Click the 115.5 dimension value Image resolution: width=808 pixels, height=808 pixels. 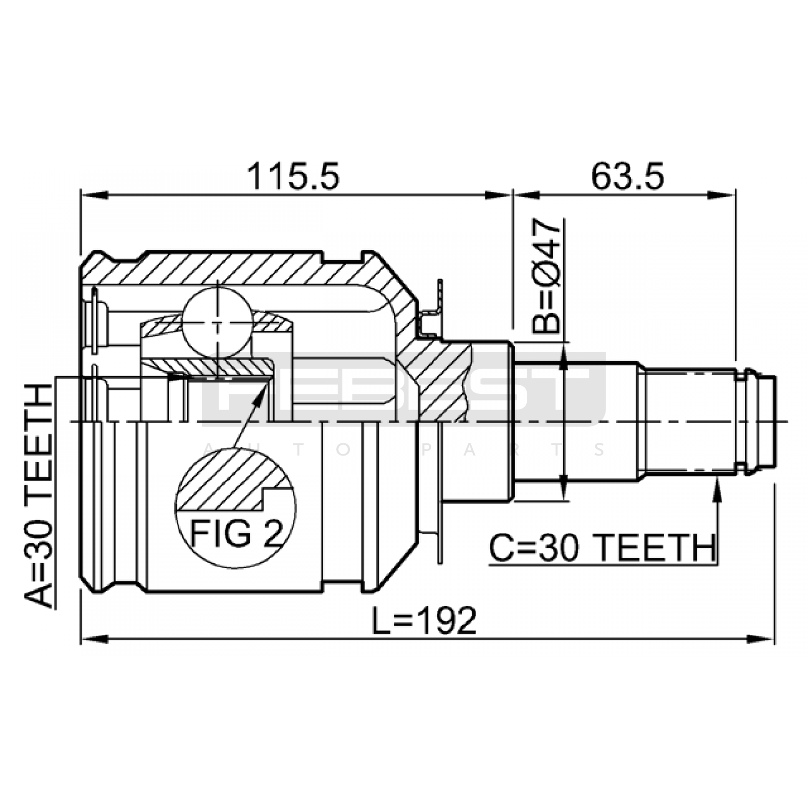[x=293, y=176]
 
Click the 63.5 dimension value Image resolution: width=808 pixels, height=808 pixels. [x=627, y=176]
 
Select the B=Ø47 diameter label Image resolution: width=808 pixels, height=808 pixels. [x=546, y=276]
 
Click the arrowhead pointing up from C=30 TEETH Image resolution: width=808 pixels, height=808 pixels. [x=717, y=487]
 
